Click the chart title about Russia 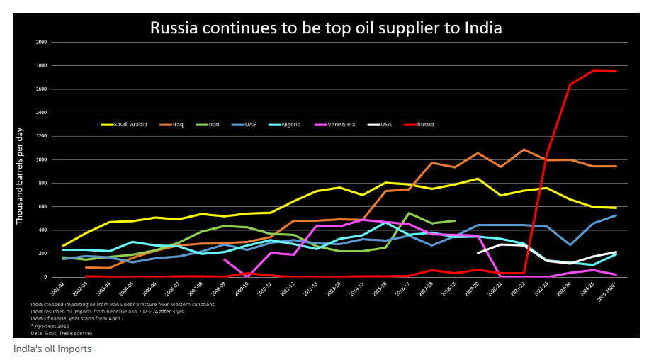tap(326, 28)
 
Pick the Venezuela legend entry tap(340, 125)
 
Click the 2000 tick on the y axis tap(40, 43)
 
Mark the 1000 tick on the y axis tap(40, 159)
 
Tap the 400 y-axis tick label tap(42, 230)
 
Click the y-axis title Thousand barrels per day tap(20, 177)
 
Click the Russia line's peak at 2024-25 tap(594, 71)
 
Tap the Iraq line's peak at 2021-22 tap(524, 150)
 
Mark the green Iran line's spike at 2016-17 tap(409, 213)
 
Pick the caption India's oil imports tap(52, 349)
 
